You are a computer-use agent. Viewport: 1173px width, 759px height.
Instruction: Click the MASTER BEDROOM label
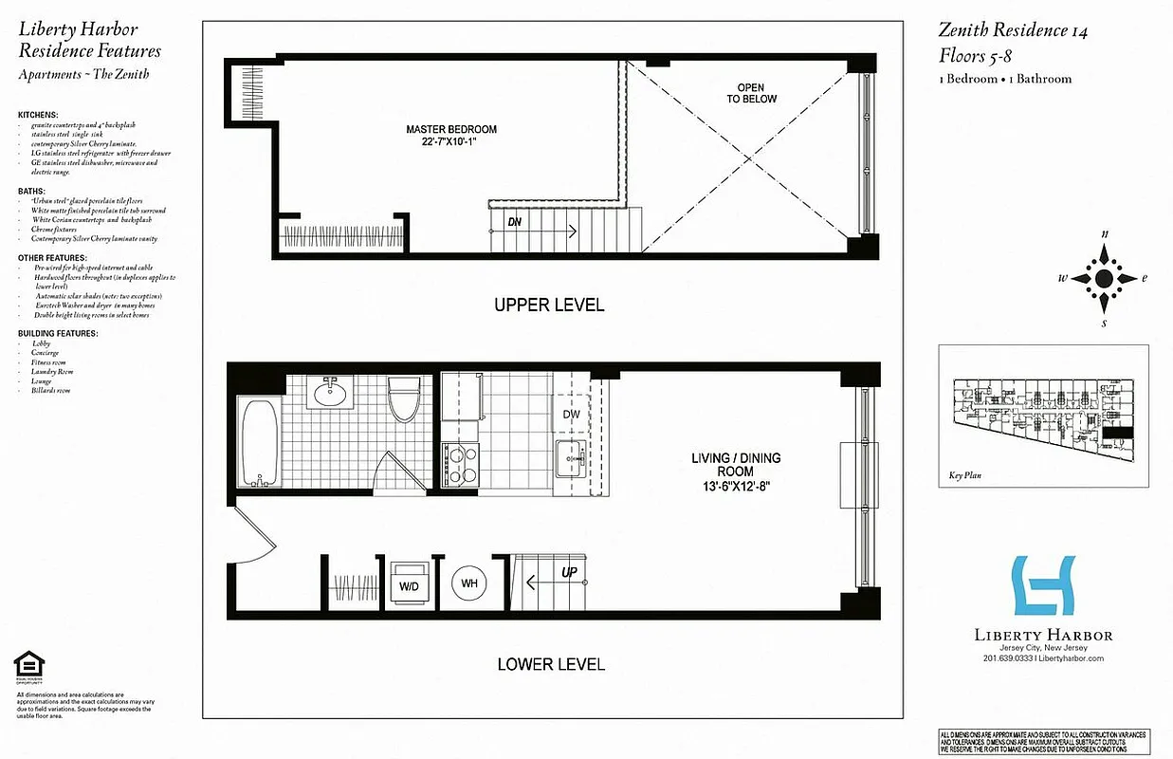point(450,136)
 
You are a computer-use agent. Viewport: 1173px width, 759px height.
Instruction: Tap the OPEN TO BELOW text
point(751,93)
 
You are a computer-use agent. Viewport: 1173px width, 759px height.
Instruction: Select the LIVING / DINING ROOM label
point(735,471)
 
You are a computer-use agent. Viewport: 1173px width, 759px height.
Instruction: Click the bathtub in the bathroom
point(259,441)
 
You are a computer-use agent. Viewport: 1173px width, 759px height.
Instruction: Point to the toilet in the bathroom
point(404,401)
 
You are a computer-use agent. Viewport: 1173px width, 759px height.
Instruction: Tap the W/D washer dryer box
point(410,584)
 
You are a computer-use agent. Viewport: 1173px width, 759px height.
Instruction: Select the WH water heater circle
point(469,583)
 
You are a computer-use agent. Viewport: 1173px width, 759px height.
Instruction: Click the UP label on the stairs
point(569,573)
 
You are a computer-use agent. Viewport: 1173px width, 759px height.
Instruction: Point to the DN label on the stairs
point(515,221)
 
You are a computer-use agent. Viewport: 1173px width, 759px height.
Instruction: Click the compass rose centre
point(1104,278)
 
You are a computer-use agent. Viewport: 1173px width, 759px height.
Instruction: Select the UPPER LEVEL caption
point(549,305)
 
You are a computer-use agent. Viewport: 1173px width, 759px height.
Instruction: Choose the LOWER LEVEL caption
point(551,664)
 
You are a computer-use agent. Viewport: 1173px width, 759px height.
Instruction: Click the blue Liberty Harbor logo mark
point(1044,585)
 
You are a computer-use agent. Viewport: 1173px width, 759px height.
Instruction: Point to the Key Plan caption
point(964,477)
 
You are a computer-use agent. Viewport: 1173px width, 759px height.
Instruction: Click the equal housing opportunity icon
point(27,668)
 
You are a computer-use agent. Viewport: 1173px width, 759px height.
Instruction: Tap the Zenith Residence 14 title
point(1013,31)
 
